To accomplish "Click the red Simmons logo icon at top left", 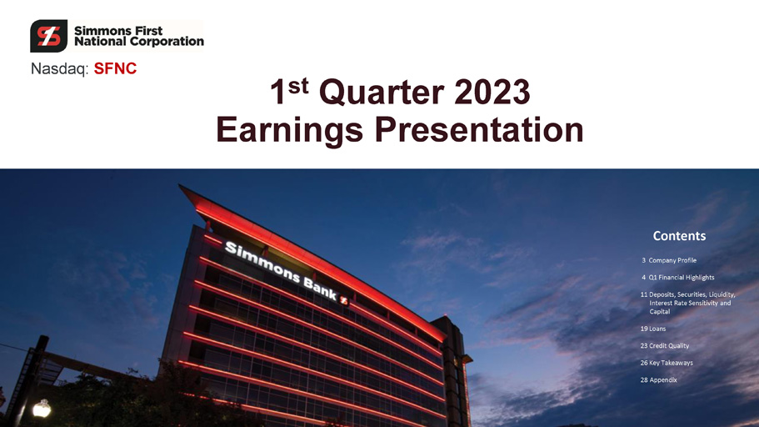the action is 48,36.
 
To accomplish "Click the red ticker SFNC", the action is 115,69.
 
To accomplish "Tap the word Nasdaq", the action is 59,69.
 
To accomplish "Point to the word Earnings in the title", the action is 289,130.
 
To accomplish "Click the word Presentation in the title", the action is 479,129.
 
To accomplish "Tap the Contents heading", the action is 679,236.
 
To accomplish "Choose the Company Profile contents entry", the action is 669,260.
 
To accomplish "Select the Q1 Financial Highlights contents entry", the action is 677,277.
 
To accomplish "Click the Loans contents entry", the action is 653,329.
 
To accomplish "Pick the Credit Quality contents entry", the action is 665,345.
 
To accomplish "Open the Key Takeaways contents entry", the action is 667,363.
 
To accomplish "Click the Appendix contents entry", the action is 659,380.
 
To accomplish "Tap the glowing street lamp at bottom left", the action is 42,409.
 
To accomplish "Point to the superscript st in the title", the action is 298,86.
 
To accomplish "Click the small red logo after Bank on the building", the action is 344,300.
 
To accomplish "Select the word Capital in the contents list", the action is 660,312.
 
